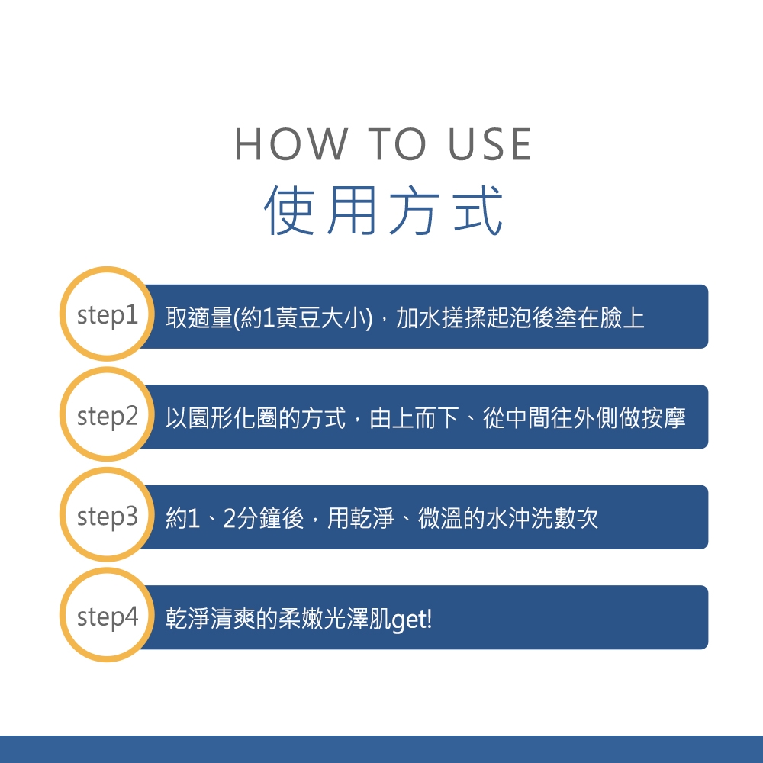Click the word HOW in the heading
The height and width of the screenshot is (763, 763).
[291, 144]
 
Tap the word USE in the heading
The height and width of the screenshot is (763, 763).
[490, 144]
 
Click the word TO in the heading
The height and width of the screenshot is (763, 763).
[397, 144]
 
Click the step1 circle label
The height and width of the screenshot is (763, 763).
[108, 315]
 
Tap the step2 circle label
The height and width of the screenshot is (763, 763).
[108, 416]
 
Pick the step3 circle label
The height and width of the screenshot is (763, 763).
[108, 517]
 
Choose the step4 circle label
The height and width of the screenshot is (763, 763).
[108, 617]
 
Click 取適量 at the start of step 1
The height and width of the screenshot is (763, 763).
[198, 317]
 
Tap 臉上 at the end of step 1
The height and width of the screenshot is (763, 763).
[623, 317]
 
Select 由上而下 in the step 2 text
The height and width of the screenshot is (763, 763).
[414, 418]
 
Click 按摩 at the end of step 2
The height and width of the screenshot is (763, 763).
[664, 418]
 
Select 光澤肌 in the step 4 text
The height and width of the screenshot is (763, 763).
[358, 619]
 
